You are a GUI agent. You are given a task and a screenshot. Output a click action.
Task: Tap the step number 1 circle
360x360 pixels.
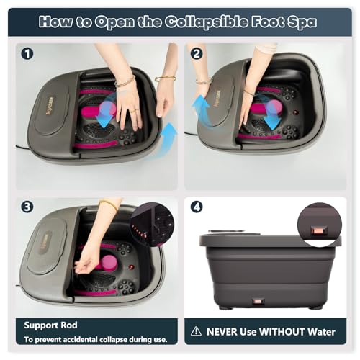[27, 53]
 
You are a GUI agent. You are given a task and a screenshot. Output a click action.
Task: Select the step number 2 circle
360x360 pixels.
[197, 53]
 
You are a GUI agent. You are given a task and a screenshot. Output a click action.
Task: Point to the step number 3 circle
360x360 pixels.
[27, 207]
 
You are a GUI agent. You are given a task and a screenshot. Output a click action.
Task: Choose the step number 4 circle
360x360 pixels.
[197, 207]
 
